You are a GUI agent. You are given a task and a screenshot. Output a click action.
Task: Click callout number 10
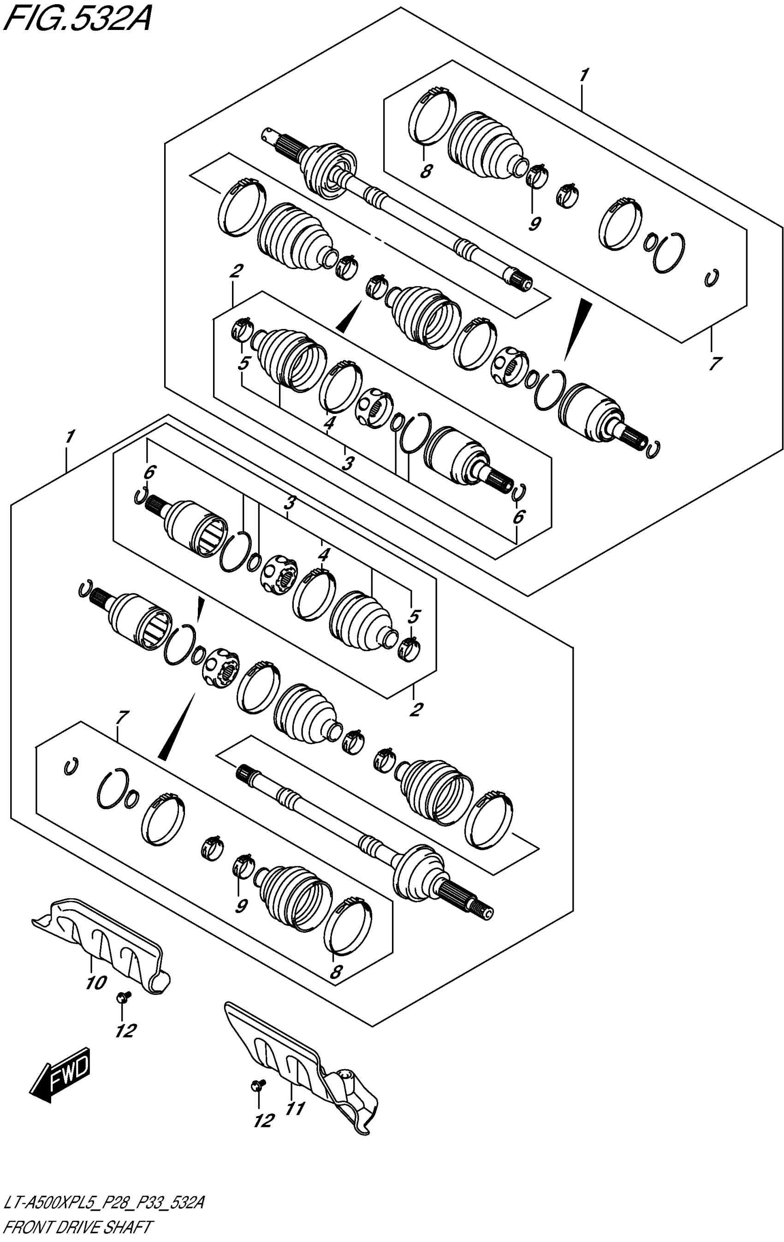point(96,983)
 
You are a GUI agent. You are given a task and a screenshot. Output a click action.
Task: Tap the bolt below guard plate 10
point(123,996)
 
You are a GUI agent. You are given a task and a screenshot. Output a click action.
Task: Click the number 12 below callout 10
point(125,1030)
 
